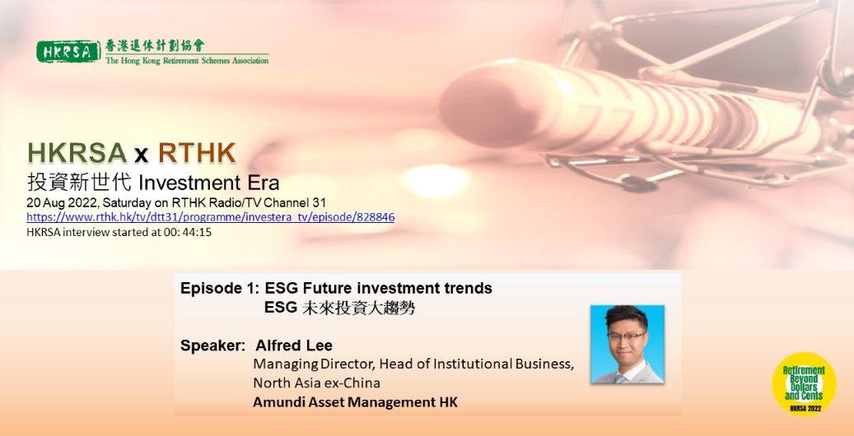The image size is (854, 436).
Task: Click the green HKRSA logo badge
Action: coord(68,52)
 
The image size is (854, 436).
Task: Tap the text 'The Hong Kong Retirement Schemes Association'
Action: coord(187,60)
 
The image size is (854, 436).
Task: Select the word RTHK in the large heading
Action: coord(197,154)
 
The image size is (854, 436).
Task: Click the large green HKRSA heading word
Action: coord(77,154)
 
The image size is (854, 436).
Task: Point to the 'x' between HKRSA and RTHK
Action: coord(142,155)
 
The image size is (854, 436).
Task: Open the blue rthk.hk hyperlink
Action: coord(211,217)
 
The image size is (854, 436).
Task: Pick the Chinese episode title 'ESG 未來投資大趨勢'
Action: coord(340,308)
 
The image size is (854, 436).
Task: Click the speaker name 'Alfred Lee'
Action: coord(294,346)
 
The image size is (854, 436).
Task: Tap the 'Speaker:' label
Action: coord(212,346)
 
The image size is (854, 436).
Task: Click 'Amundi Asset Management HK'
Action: coord(355,403)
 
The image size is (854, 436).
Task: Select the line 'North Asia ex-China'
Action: coord(316,383)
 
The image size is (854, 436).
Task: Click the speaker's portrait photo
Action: coord(628,345)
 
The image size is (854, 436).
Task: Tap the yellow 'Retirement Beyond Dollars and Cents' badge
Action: coord(804,383)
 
